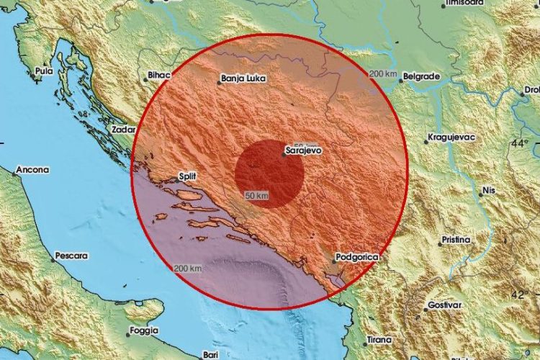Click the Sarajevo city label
[303, 151]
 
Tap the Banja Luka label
[240, 81]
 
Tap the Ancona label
[33, 171]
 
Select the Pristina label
[455, 239]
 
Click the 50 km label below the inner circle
[257, 196]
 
